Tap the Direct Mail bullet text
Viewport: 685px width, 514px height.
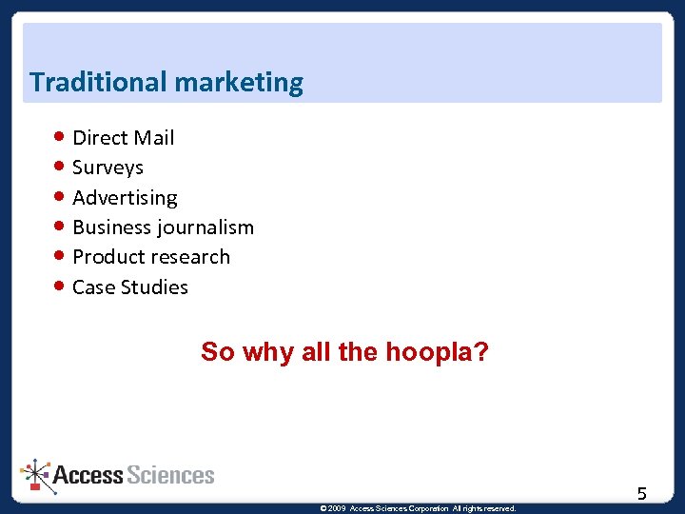tap(123, 138)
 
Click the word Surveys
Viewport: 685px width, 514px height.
tap(108, 168)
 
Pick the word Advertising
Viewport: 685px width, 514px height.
tap(125, 198)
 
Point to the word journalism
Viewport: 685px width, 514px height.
tap(207, 227)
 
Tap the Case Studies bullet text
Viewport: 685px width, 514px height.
tap(130, 287)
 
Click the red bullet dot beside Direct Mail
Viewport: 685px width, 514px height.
tap(60, 137)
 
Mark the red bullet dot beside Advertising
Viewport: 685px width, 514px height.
tap(60, 197)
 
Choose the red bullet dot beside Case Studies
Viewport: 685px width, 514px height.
tap(60, 287)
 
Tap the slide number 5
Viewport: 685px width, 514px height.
tap(642, 493)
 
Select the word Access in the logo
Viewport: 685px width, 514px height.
tap(88, 475)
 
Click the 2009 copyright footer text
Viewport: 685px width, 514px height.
tap(419, 508)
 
